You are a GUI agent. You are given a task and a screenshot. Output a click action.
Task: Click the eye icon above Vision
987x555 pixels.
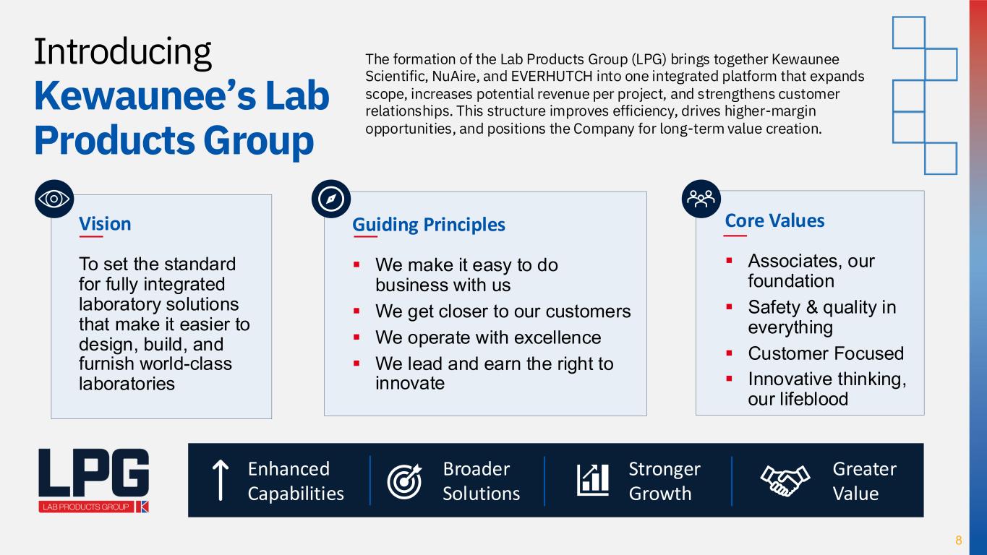coord(54,199)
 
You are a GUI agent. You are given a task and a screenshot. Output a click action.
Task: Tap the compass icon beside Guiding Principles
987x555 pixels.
coord(331,199)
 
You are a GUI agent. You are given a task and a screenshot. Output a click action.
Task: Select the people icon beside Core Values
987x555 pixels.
coord(701,199)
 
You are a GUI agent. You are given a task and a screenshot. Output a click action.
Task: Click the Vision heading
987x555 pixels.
coord(105,224)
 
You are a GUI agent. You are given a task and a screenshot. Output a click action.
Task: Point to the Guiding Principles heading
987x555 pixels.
coord(429,225)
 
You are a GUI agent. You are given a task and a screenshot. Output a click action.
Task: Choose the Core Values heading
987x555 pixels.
coord(774,220)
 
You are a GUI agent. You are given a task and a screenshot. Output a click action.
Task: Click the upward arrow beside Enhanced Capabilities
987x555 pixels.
coord(221,481)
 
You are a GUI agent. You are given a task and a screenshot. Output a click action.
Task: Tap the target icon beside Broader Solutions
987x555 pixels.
coord(404,481)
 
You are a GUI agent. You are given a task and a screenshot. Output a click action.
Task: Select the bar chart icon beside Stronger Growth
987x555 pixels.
coord(593,480)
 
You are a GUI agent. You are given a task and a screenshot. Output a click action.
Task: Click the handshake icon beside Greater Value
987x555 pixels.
coord(785,481)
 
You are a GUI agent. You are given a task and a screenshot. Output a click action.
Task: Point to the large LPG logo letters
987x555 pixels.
coord(94,473)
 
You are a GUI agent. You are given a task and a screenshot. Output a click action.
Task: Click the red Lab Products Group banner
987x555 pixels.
coord(86,507)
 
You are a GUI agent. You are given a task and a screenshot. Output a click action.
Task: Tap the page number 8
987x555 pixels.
coord(958,540)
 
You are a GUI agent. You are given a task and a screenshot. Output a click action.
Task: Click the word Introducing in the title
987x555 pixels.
coord(123,53)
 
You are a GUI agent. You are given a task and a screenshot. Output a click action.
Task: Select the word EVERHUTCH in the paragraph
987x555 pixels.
coord(552,76)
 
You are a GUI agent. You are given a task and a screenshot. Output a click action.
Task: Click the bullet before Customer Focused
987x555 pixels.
coord(730,353)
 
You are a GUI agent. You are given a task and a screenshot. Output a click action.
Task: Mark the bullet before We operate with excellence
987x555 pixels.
coord(356,337)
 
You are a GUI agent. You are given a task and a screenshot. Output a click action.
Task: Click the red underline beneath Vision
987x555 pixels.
coord(91,236)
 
